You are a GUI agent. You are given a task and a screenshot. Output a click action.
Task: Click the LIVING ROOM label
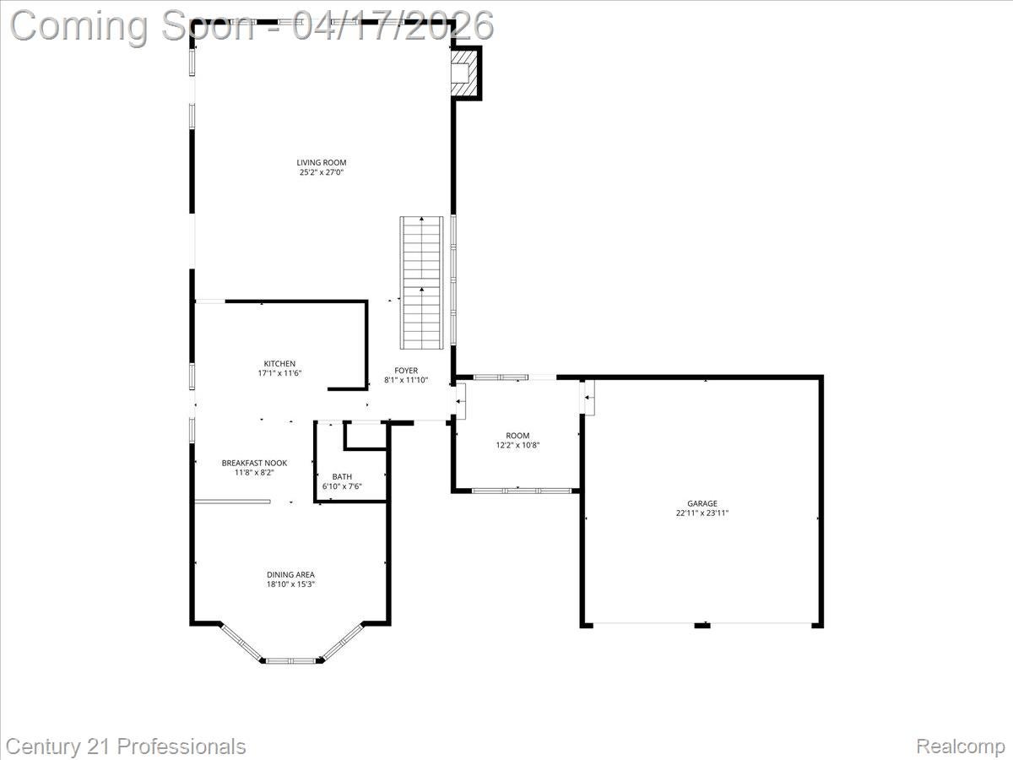click(x=321, y=163)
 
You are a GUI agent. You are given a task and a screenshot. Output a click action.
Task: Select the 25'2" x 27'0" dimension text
click(x=321, y=172)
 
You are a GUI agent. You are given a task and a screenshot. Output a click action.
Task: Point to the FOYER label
click(x=406, y=371)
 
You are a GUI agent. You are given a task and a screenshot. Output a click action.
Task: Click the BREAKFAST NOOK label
click(x=254, y=463)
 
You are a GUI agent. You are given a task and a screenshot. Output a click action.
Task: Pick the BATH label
click(x=342, y=476)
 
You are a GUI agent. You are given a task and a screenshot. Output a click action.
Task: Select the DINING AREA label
click(x=290, y=575)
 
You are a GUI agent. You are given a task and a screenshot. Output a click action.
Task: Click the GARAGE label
click(x=702, y=503)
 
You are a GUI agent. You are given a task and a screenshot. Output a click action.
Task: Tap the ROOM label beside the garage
click(x=517, y=436)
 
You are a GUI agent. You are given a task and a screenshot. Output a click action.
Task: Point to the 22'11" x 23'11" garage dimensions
click(x=702, y=513)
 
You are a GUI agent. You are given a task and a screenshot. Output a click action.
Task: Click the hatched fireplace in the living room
click(x=463, y=73)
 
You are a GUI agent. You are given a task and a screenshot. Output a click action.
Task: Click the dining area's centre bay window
click(x=290, y=660)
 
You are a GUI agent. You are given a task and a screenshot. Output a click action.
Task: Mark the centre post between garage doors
click(x=702, y=625)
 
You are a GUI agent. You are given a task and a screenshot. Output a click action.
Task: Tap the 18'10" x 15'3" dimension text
click(x=290, y=584)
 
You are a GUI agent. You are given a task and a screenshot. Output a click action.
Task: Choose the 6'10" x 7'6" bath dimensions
click(x=342, y=486)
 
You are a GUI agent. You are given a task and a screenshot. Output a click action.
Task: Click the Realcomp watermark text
click(x=960, y=746)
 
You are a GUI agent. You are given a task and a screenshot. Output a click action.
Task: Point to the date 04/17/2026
click(x=393, y=25)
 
